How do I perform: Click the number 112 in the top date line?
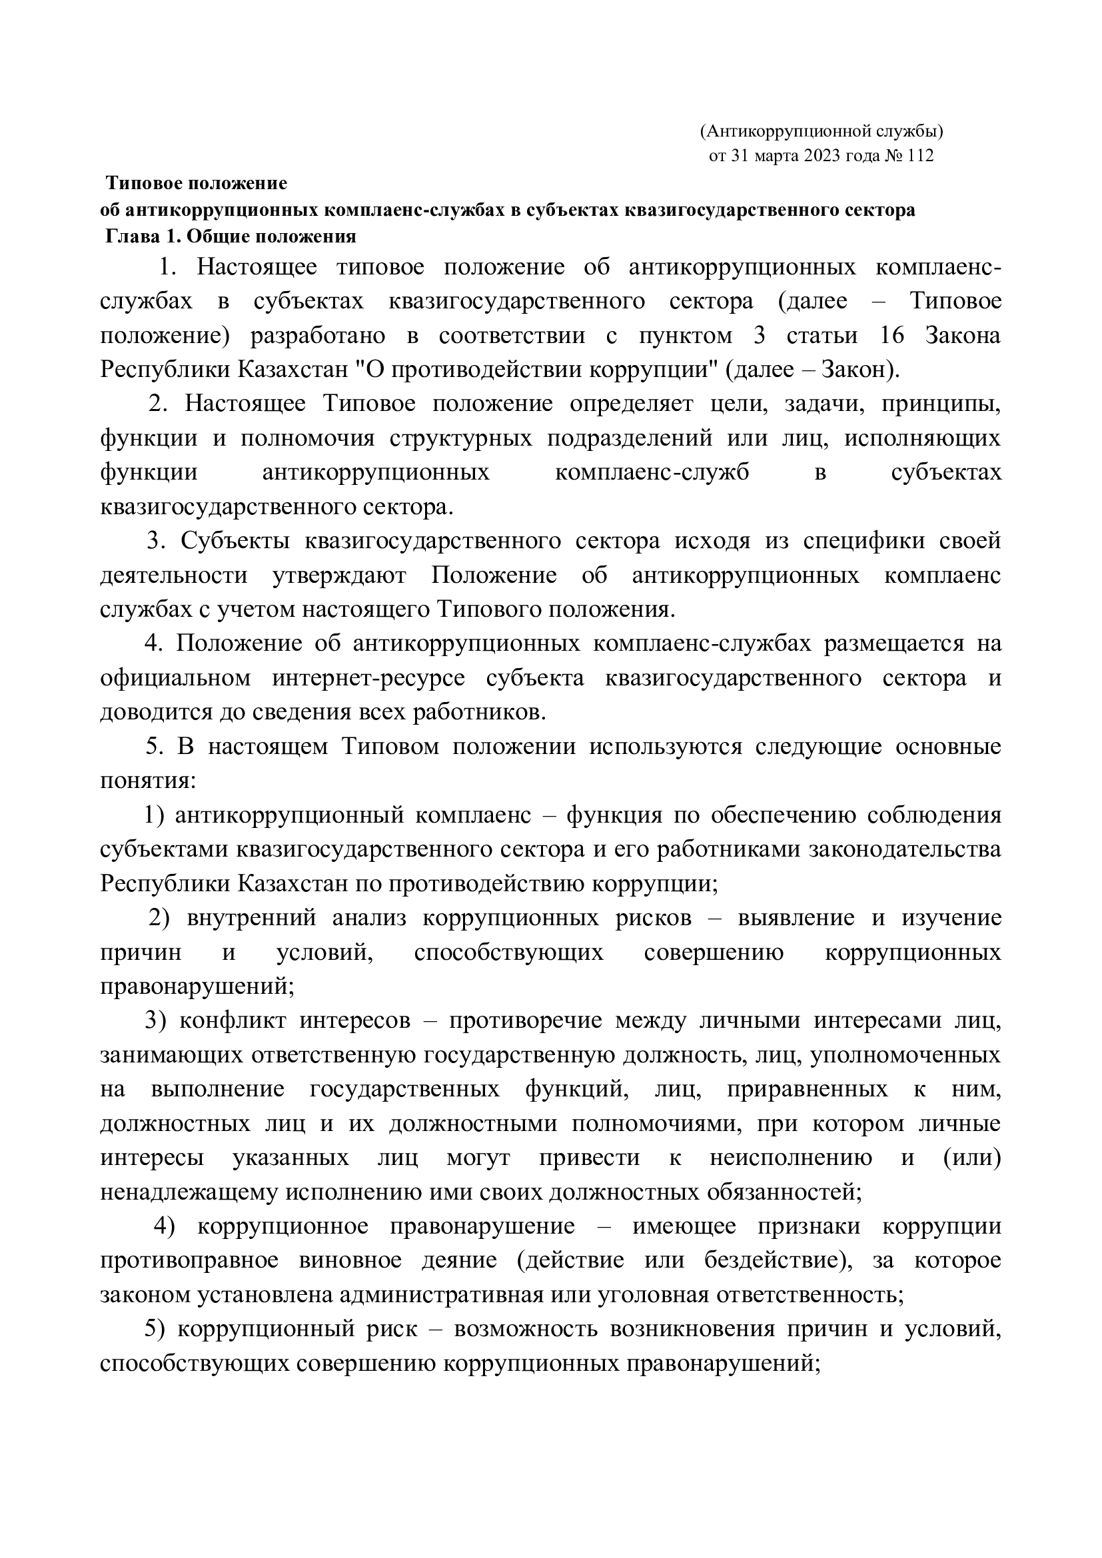[x=920, y=156]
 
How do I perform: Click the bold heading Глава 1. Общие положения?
[x=231, y=237]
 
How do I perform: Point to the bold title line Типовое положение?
[x=197, y=183]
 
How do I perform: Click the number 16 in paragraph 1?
[x=891, y=336]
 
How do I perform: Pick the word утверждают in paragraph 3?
[x=339, y=576]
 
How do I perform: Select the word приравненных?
[x=808, y=1089]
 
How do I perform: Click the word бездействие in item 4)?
[x=778, y=1260]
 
